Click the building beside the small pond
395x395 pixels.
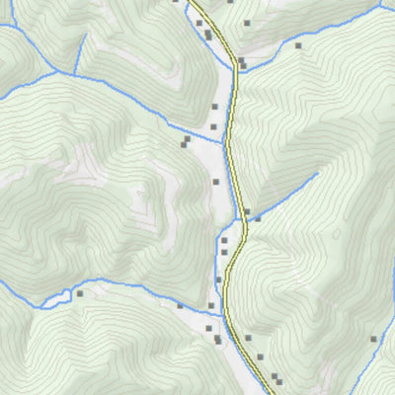[x=80, y=292]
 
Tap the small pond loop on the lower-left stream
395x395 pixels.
[x=65, y=293]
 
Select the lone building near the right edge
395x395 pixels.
[x=373, y=340]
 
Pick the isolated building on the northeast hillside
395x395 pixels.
[x=297, y=44]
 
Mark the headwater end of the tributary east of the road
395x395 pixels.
[x=318, y=175]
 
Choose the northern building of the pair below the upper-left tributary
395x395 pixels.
[x=187, y=139]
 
